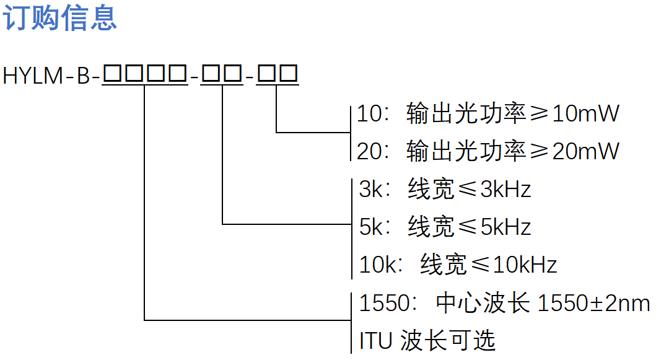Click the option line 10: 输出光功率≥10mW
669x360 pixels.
[488, 113]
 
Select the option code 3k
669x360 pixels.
[372, 189]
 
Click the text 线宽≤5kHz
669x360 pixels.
[470, 227]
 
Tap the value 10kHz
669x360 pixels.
[525, 265]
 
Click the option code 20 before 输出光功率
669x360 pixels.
[370, 151]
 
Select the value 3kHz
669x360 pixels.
[506, 189]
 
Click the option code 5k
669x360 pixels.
[372, 227]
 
